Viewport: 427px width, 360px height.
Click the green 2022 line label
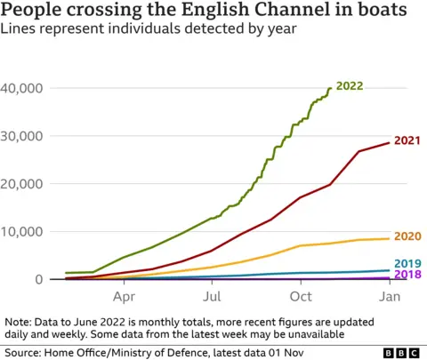pyautogui.click(x=350, y=86)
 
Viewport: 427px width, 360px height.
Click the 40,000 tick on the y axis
pyautogui.click(x=22, y=89)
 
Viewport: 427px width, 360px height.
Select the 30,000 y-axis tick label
pyautogui.click(x=22, y=136)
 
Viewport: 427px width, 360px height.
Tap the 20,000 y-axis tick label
pyautogui.click(x=22, y=184)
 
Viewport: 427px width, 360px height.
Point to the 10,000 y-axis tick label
pyautogui.click(x=22, y=232)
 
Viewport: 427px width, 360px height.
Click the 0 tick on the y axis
pyautogui.click(x=38, y=279)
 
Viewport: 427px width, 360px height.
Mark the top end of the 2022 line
pyautogui.click(x=331, y=88)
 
